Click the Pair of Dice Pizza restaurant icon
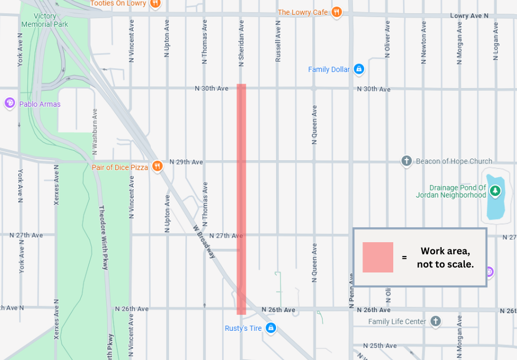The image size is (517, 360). click(x=157, y=166)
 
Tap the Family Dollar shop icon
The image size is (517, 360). click(x=359, y=69)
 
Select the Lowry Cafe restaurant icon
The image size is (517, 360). click(x=337, y=12)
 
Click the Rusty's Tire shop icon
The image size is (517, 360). click(x=271, y=328)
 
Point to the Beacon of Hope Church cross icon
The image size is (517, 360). click(x=406, y=161)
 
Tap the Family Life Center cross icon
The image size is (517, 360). click(x=436, y=321)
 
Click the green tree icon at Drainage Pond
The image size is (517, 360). click(x=495, y=191)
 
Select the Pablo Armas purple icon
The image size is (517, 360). click(x=9, y=103)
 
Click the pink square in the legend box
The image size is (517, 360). click(x=378, y=257)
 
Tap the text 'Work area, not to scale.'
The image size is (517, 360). click(x=445, y=258)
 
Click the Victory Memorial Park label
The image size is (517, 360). click(x=44, y=20)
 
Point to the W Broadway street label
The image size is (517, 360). click(x=204, y=242)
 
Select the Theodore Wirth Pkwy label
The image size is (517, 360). click(x=103, y=238)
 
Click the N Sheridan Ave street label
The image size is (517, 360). click(x=241, y=43)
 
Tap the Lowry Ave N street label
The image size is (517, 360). click(x=469, y=16)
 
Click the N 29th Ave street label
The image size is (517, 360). click(x=186, y=162)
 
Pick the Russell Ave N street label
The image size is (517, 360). click(x=278, y=41)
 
